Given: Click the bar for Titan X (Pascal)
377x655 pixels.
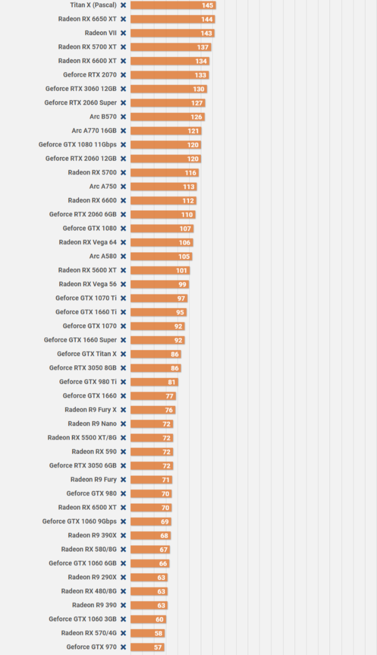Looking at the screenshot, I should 173,5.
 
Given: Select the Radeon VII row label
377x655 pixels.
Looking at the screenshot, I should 100,33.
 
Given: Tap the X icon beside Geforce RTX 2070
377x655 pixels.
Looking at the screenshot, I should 123,75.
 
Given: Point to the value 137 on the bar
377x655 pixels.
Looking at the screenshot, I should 203,47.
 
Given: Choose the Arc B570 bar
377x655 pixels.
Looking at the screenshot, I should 167,117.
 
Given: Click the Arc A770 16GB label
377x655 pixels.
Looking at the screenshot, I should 94,130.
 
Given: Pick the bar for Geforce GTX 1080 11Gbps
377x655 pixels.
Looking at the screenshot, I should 165,145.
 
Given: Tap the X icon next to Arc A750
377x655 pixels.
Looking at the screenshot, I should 123,187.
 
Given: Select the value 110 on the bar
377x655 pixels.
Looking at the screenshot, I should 187,215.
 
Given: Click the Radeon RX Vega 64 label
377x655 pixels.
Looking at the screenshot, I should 87,242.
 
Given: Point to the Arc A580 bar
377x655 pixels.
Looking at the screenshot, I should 161,257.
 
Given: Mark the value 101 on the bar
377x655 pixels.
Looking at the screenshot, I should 182,270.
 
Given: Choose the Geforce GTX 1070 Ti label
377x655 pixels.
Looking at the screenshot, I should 86,298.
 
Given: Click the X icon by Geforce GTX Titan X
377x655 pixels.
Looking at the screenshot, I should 123,354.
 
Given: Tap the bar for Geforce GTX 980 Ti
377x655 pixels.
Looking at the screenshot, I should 154,382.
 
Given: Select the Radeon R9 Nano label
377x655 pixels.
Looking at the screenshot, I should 92,424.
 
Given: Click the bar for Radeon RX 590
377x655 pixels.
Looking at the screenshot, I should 152,452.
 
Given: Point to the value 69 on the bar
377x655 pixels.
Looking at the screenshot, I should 165,522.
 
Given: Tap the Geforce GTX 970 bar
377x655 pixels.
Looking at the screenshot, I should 147,647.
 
